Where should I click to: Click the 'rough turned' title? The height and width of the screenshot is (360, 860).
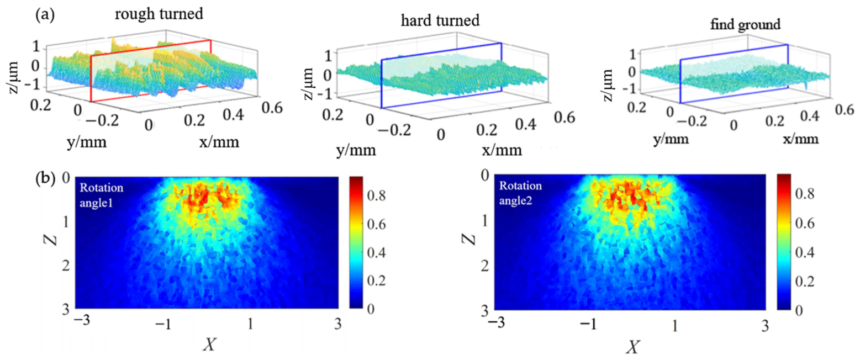pos(159,14)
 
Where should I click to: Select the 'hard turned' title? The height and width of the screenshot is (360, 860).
pos(440,20)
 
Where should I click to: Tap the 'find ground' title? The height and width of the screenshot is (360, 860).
pos(745,25)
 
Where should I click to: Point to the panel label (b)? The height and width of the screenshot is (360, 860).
pos(45,179)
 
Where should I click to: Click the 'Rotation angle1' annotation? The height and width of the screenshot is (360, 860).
pos(102,195)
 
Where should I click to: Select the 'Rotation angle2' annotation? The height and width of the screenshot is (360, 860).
pos(521,193)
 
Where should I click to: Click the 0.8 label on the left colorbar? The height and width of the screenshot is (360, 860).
pos(376,195)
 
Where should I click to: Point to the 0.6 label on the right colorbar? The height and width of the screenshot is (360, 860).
pos(805,223)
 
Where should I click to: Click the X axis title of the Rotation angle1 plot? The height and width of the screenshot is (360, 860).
pos(209,346)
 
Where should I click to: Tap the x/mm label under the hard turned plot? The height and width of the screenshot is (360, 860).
pos(502,150)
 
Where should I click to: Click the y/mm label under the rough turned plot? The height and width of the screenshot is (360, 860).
pos(87,142)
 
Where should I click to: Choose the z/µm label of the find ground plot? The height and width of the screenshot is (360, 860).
pos(608,85)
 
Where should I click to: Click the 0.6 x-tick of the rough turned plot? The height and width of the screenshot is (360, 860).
pos(272,108)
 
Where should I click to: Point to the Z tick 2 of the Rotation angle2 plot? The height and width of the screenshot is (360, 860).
pos(486,265)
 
